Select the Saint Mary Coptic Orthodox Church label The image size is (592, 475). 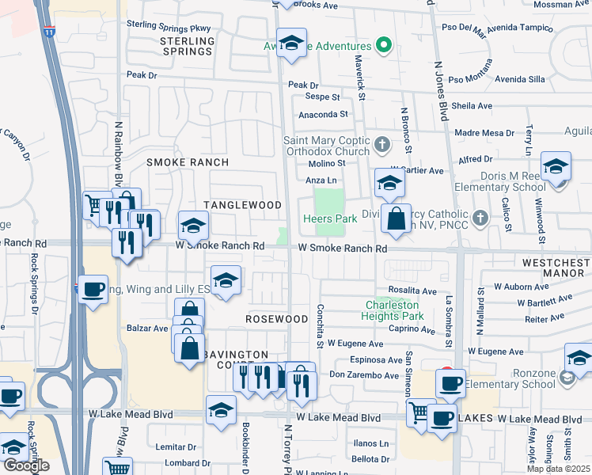tap(326, 146)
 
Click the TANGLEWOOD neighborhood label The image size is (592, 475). tap(242, 205)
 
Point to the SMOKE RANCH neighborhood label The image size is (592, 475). tap(188, 162)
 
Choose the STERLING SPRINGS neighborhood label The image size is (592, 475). tap(187, 46)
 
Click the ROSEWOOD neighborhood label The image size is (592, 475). tap(276, 319)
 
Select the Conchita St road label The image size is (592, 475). tap(321, 326)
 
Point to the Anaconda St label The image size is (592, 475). tap(323, 114)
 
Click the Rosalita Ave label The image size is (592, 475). tap(412, 291)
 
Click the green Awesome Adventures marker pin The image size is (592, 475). tap(384, 44)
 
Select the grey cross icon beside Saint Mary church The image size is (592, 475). tap(382, 144)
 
